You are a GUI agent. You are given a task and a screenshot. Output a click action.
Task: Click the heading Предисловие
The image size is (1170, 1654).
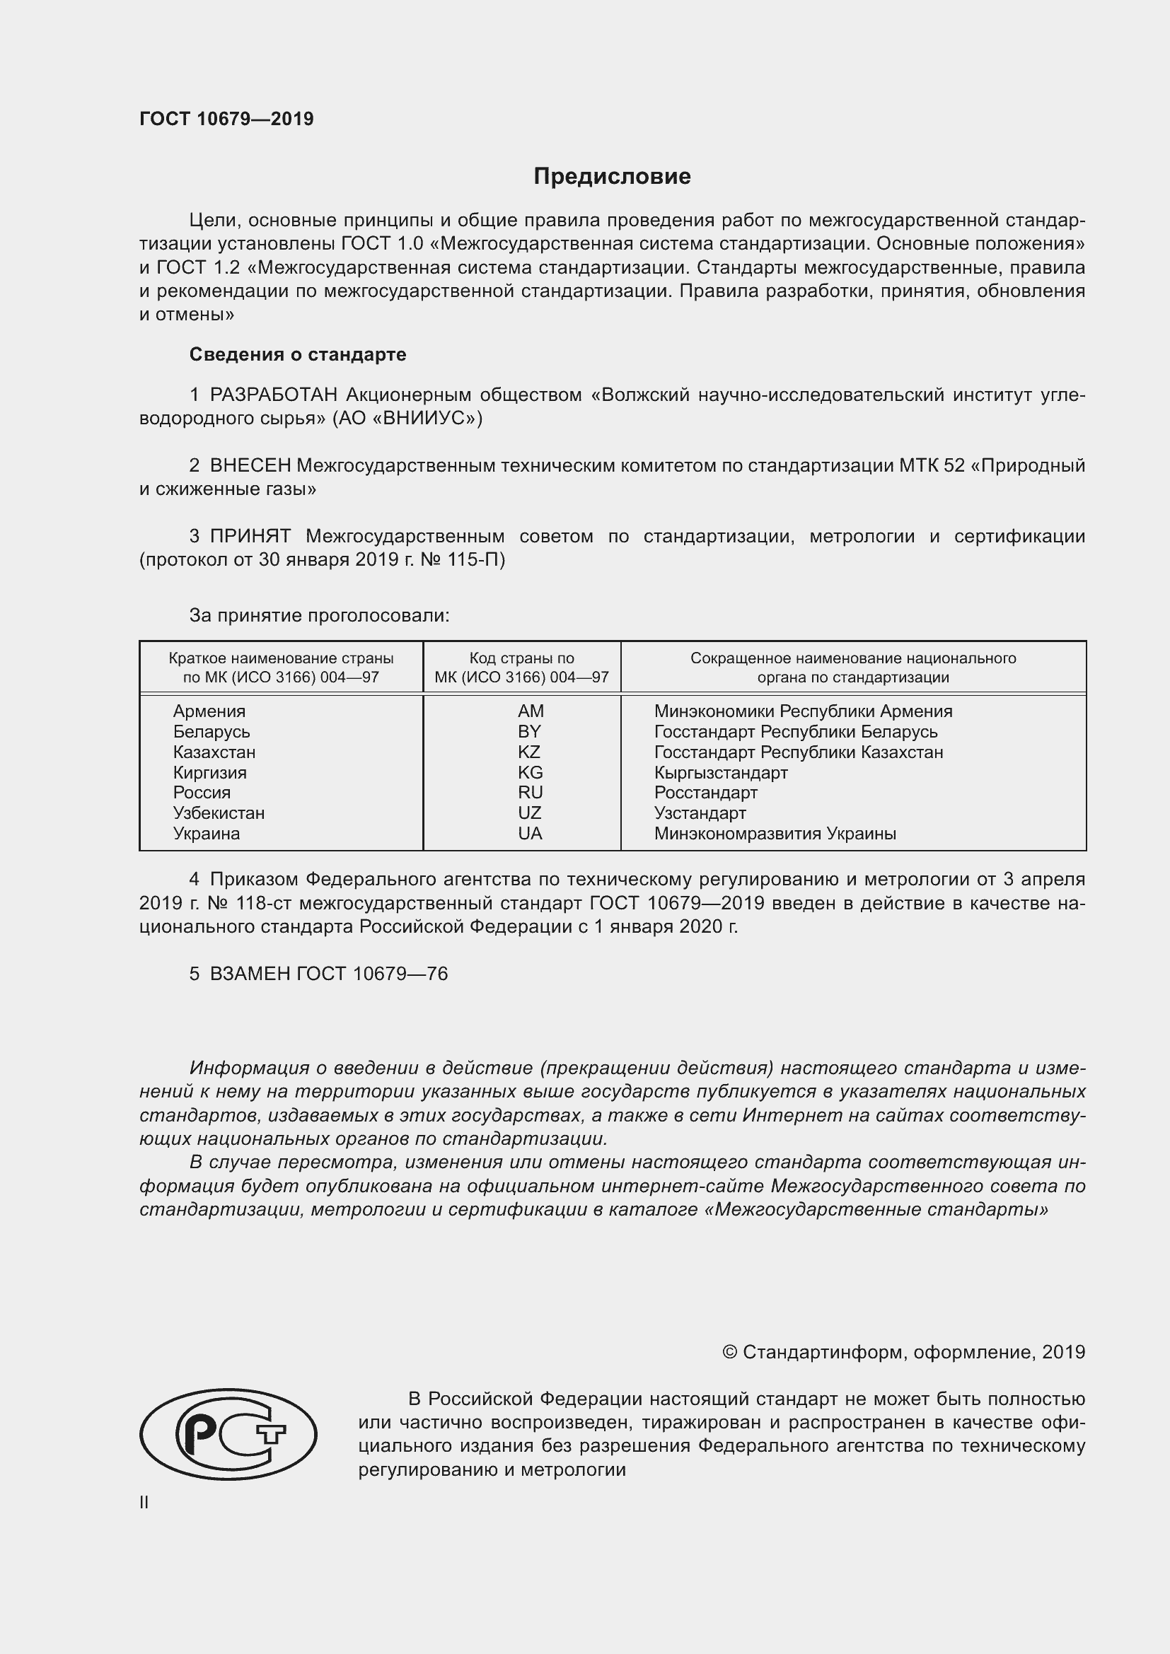click(x=612, y=177)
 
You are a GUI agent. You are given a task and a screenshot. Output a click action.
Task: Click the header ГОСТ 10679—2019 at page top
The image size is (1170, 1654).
click(x=226, y=119)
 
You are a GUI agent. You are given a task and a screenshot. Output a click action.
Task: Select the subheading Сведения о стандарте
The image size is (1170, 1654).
click(x=298, y=354)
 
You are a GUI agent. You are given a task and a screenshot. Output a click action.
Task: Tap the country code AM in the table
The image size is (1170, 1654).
click(x=531, y=711)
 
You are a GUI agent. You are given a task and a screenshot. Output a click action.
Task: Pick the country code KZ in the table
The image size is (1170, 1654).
click(x=529, y=752)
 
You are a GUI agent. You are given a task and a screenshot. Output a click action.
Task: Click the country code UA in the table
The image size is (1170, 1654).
click(x=530, y=834)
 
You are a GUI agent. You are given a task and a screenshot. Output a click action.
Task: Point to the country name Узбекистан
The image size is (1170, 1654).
click(x=219, y=813)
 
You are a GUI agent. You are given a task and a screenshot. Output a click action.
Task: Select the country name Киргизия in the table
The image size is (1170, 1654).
click(x=209, y=773)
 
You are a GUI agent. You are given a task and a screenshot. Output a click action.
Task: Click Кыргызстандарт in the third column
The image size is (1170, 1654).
click(x=720, y=773)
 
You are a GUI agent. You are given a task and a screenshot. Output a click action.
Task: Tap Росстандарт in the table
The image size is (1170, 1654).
click(x=705, y=793)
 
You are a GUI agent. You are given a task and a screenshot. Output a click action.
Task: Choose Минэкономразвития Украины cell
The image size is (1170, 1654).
click(x=775, y=834)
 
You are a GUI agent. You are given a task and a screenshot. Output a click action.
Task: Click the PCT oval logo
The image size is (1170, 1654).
click(x=228, y=1434)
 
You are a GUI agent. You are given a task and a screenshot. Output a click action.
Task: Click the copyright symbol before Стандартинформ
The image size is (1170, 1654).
click(x=729, y=1352)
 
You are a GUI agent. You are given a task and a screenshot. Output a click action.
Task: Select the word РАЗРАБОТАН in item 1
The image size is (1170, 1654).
click(x=273, y=395)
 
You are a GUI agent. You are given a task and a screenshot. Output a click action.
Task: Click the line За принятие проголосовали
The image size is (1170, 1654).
click(x=318, y=616)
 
